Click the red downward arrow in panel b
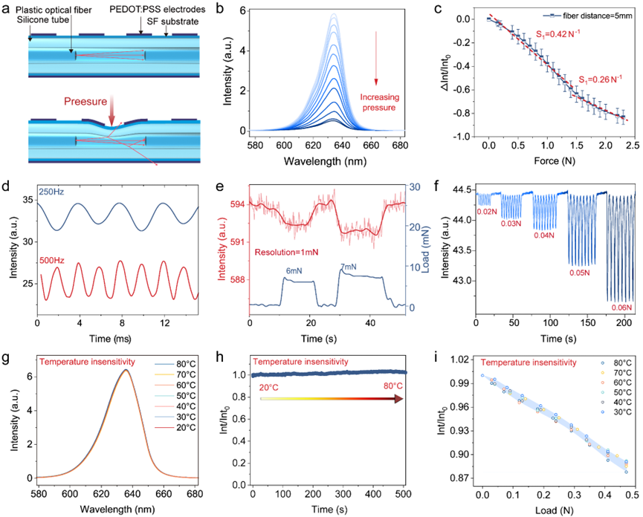[x=377, y=74]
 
